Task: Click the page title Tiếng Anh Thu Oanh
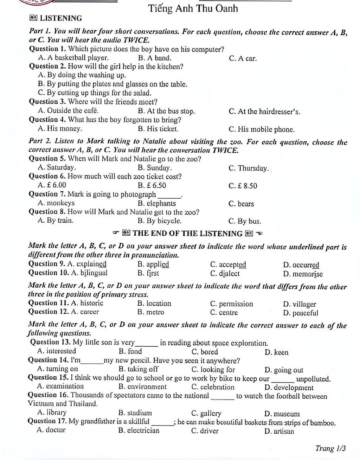pyautogui.click(x=193, y=8)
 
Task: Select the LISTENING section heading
pyautogui.click(x=60, y=18)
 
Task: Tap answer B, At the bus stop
pyautogui.click(x=167, y=111)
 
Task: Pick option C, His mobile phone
pyautogui.click(x=262, y=129)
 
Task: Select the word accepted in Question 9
pyautogui.click(x=228, y=264)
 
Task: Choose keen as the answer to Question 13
pyautogui.click(x=277, y=352)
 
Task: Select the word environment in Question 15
pyautogui.click(x=143, y=387)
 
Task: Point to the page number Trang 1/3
pyautogui.click(x=330, y=448)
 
